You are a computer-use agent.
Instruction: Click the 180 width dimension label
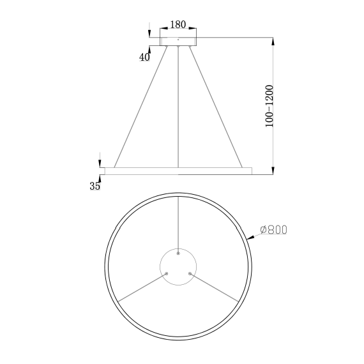(178, 25)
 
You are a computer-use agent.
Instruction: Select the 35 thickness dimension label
(95, 186)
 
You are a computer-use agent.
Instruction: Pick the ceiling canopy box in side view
(178, 42)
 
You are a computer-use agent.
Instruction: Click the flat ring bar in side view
(178, 171)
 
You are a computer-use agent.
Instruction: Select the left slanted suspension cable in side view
(142, 106)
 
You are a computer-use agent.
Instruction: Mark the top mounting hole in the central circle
(178, 254)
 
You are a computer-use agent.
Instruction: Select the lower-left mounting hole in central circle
(167, 274)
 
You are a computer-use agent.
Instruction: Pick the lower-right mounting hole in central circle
(190, 274)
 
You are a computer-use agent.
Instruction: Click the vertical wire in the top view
(178, 224)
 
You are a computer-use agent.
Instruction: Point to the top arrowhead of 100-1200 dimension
(274, 42)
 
